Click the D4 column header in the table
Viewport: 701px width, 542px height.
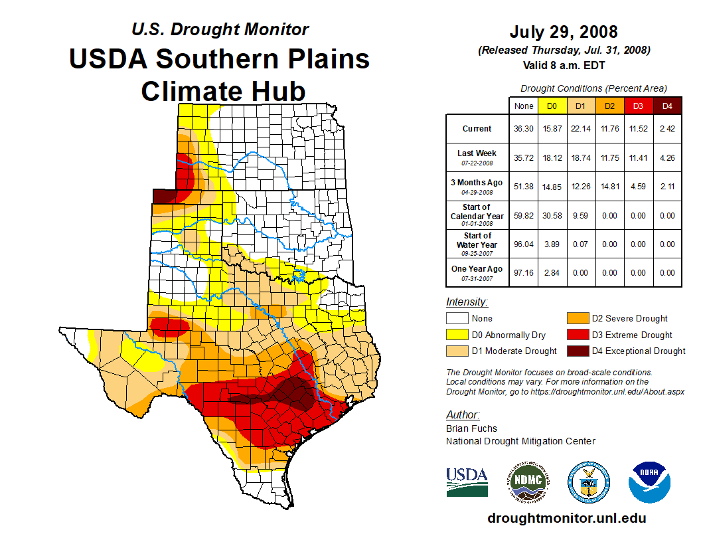coord(667,106)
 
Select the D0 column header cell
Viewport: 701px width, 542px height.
coord(552,106)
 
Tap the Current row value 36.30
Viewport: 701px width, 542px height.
coord(523,129)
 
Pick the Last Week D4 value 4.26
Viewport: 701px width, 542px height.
coord(667,158)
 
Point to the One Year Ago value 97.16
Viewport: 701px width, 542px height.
coord(523,273)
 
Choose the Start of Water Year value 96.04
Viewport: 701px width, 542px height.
coord(523,244)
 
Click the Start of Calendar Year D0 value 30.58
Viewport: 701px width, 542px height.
coord(552,216)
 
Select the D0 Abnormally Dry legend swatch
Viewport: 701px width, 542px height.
coord(457,335)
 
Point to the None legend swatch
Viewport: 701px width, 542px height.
coord(457,319)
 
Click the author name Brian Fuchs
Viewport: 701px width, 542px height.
coord(471,428)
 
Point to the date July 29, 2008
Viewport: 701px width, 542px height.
coord(564,32)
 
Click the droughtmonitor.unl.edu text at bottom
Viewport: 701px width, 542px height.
coord(566,518)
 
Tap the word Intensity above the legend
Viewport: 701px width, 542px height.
coord(467,302)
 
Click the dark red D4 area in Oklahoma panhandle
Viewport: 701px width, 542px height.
coord(163,196)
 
